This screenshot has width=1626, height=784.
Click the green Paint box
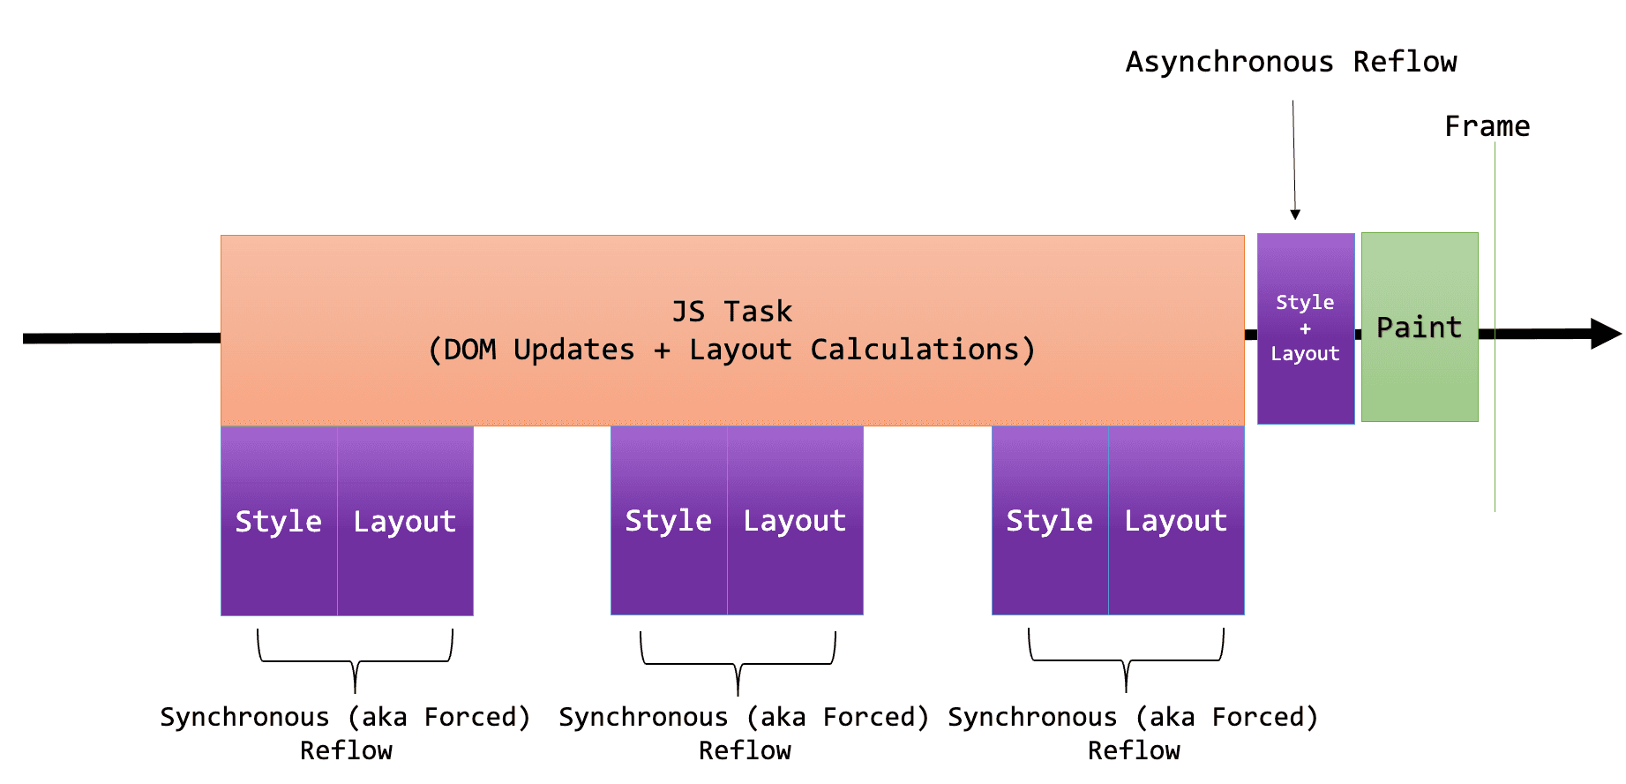coord(1419,328)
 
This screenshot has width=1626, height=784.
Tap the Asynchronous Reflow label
coord(1291,62)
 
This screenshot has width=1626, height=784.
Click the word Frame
coord(1487,126)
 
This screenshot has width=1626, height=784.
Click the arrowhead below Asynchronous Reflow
coord(1295,215)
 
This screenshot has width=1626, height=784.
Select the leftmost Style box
coord(279,521)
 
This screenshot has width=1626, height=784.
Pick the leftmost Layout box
coord(405,521)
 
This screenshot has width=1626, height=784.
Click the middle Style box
coord(669,520)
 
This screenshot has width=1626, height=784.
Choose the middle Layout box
coord(795,520)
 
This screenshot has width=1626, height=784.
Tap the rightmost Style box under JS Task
coord(1050,520)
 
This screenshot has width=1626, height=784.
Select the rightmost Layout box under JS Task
coord(1176,520)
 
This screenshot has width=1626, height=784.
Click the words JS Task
coord(731,312)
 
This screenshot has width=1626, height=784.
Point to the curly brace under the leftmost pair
coord(355,662)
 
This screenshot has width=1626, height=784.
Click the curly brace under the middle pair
coord(738,665)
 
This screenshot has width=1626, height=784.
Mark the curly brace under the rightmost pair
coord(1126,661)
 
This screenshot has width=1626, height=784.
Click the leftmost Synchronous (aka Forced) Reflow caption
coord(345,733)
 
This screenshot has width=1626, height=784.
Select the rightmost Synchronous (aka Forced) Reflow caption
coord(1133,733)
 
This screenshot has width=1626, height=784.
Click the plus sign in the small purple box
coord(1305,328)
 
